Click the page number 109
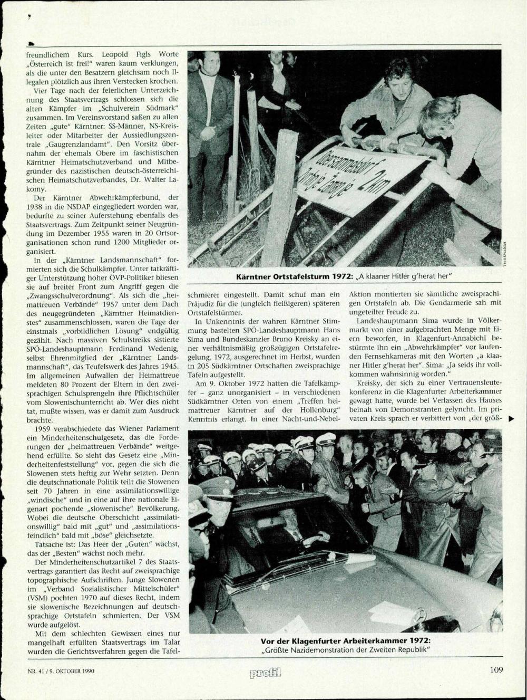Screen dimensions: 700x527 [x=496, y=670]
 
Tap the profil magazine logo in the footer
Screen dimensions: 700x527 [x=266, y=672]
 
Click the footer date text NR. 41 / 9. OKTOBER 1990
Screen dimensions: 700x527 [x=57, y=671]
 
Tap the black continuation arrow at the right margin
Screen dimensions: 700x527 [x=511, y=419]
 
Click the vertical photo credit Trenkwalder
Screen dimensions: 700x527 [x=504, y=254]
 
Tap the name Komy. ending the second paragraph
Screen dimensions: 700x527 [x=36, y=188]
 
